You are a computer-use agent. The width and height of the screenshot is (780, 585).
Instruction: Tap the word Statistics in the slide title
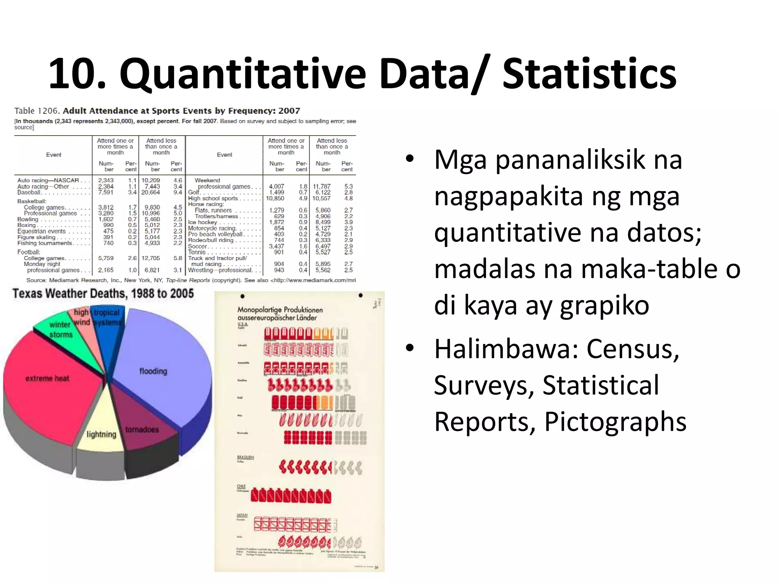[x=589, y=74]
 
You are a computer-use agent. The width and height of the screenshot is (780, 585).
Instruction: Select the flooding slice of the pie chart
[x=160, y=366]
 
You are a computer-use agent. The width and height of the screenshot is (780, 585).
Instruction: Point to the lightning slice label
[x=101, y=435]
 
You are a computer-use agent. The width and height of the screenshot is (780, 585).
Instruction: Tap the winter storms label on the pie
[x=60, y=329]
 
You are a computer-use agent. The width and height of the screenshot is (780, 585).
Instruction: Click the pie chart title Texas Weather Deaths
[x=103, y=294]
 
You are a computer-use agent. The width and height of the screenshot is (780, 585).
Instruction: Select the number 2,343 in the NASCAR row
[x=105, y=181]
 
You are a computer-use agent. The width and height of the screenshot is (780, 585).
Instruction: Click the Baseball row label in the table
[x=29, y=192]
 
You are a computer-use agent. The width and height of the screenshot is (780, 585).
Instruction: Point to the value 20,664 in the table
[x=150, y=192]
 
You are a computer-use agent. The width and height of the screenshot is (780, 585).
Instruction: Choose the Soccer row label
[x=197, y=246]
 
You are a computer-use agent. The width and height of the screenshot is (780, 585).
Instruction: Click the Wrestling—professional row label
[x=220, y=270]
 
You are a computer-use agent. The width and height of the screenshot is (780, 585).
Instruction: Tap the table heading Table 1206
[x=37, y=111]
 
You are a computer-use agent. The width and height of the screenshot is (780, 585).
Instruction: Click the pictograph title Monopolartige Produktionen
[x=280, y=310]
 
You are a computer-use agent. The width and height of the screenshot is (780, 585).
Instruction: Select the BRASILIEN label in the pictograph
[x=245, y=457]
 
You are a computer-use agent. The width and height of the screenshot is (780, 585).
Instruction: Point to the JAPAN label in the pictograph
[x=242, y=515]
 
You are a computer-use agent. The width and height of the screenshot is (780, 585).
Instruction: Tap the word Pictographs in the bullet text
[x=615, y=422]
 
